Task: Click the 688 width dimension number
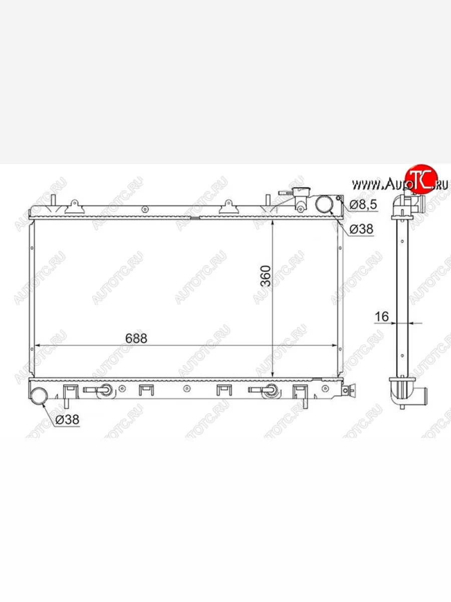(x=136, y=339)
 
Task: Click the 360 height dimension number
(x=266, y=276)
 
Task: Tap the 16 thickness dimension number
(x=381, y=317)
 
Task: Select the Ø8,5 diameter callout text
(x=363, y=205)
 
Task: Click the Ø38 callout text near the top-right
(x=361, y=229)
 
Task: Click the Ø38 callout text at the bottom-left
(x=67, y=419)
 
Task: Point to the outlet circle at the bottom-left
(x=39, y=396)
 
